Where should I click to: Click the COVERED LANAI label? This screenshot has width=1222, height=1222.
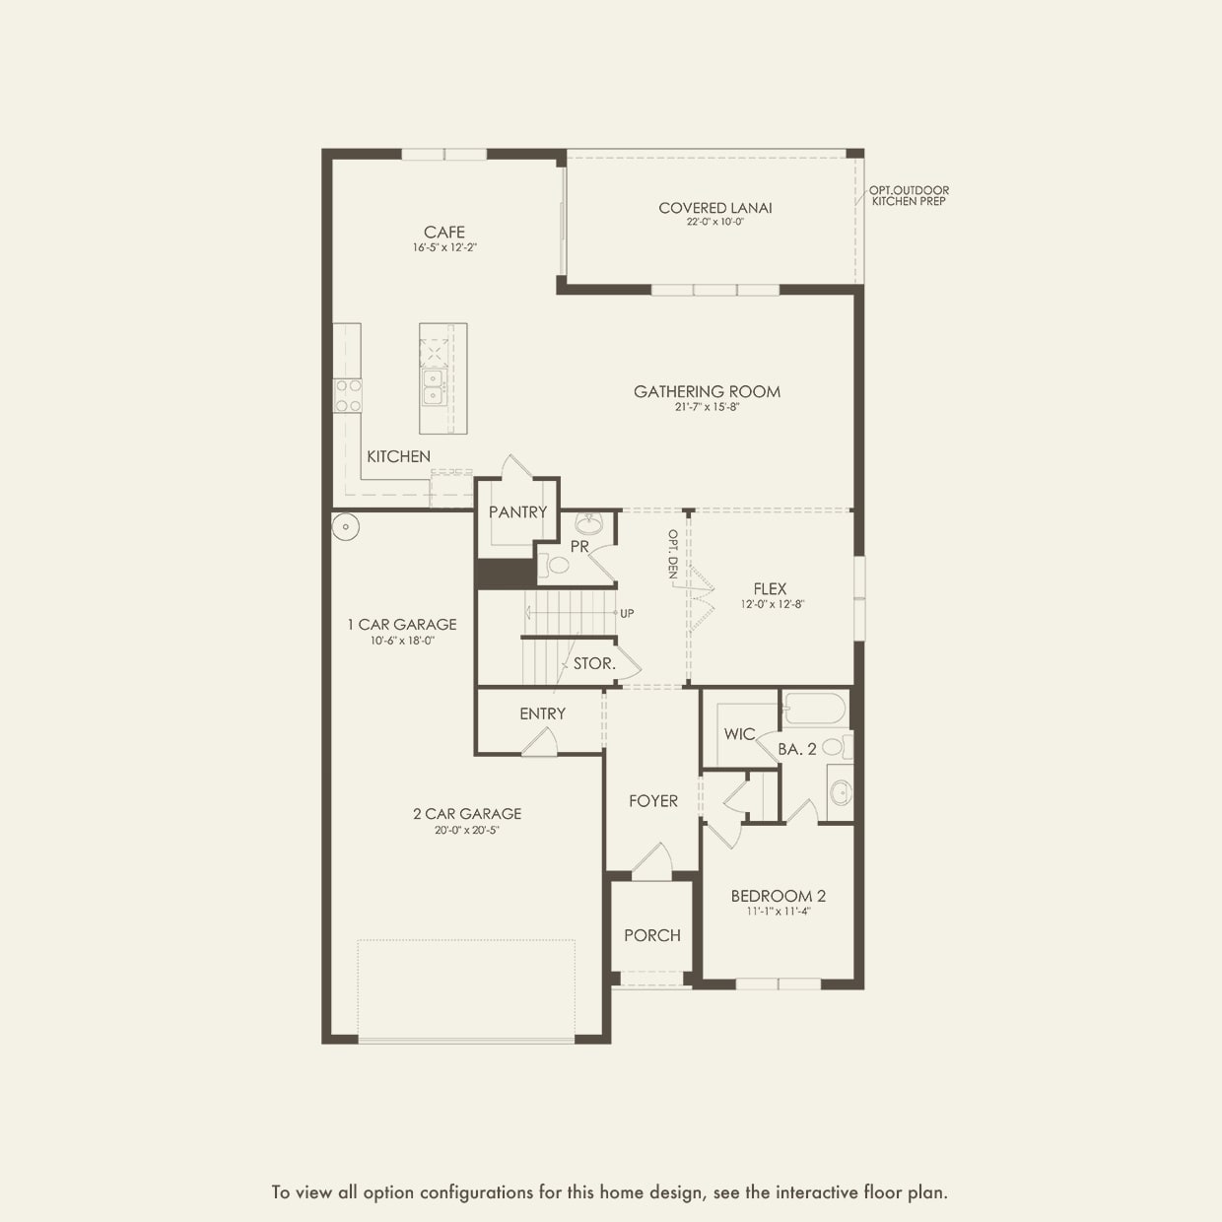coord(715,208)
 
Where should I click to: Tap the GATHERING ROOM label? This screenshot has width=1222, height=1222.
coord(707,391)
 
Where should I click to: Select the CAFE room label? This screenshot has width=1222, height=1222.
coord(444,233)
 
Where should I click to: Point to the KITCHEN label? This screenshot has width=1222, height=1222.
coord(398,456)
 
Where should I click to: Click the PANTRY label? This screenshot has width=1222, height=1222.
coord(517,511)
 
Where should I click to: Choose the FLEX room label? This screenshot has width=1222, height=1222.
coord(770,588)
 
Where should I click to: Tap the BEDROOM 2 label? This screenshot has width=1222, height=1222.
coord(778,896)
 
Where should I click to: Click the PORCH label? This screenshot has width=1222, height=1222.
coord(651,935)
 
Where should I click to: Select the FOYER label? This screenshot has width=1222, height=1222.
coord(653,801)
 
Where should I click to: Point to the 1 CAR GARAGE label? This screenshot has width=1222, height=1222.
coord(401,624)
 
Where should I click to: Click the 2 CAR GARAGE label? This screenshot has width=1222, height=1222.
coord(467,813)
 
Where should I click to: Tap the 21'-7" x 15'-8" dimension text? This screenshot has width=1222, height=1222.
coord(707,407)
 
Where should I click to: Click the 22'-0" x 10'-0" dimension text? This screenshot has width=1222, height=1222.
coord(715,223)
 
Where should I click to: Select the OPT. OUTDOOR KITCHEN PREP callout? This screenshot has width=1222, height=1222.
coord(909,195)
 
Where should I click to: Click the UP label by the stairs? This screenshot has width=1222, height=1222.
coord(627,613)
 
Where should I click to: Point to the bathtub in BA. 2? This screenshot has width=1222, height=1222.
coord(814,710)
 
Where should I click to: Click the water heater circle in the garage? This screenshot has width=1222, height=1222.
coord(346,527)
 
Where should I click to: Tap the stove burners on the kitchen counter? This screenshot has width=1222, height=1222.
coord(348,395)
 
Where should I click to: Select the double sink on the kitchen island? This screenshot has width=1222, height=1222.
coord(433,386)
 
